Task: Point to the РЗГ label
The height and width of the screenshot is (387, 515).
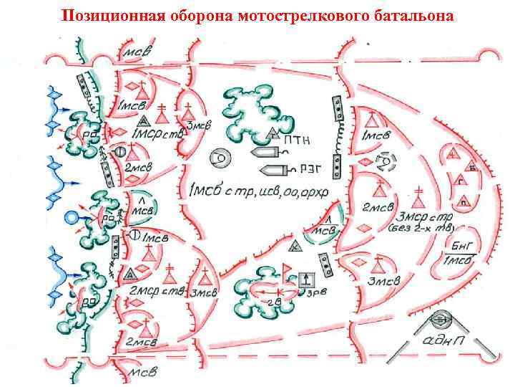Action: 301,170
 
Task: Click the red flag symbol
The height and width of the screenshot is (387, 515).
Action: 288,269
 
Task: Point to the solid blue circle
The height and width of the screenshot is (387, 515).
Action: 70,217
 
